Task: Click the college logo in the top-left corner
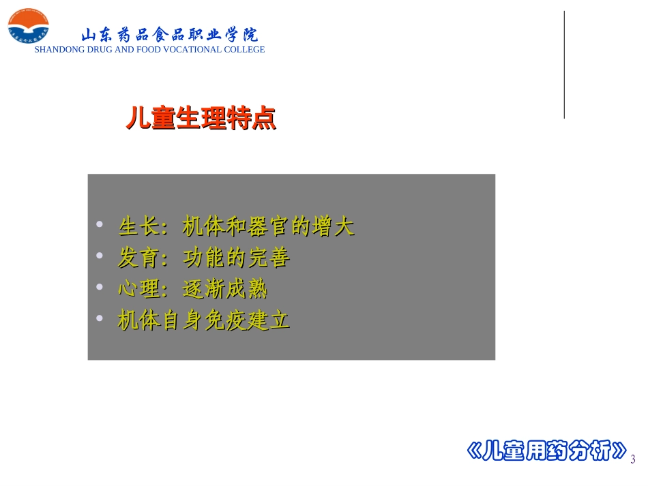28,28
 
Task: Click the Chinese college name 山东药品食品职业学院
169,35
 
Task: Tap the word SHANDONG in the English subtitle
60,50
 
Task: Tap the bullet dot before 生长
100,224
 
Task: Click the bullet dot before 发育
100,256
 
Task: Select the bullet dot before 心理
100,288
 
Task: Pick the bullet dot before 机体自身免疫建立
100,319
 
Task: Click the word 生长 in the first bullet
138,226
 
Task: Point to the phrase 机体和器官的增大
269,226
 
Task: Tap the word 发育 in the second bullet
138,258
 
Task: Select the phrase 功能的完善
237,258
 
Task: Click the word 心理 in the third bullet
138,290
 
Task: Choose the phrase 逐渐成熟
225,290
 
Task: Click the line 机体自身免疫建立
204,321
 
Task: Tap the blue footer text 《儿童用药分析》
546,451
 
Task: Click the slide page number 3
633,459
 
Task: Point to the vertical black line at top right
564,65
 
